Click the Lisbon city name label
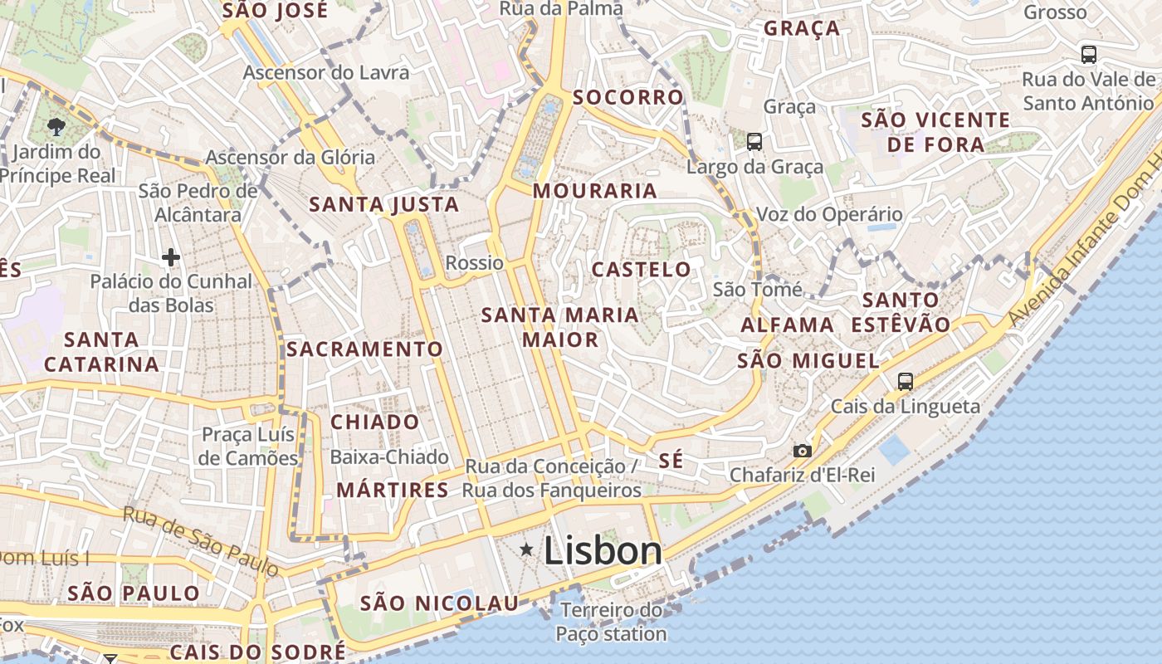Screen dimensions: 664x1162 (x=603, y=551)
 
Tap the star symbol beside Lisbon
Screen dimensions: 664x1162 (x=526, y=549)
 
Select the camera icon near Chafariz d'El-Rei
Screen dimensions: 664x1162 (x=802, y=451)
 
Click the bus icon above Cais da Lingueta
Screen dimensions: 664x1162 (x=905, y=382)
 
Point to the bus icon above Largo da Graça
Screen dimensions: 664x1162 (x=754, y=142)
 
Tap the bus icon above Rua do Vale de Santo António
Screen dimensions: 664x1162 (x=1088, y=55)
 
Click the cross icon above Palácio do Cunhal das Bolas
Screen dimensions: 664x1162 (x=171, y=257)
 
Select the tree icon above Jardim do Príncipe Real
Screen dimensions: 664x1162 (x=56, y=127)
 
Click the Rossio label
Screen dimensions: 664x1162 (x=475, y=263)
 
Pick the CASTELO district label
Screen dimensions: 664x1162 (x=641, y=269)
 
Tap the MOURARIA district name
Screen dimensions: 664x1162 (x=594, y=191)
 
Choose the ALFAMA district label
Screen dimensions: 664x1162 (x=787, y=325)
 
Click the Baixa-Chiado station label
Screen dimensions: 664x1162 (x=389, y=457)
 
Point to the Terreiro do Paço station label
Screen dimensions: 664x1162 (x=611, y=622)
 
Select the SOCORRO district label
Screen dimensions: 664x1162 (x=627, y=97)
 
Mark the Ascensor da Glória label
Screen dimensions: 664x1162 (x=290, y=157)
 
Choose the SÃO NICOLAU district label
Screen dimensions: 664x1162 (x=439, y=603)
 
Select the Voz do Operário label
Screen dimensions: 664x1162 (x=828, y=215)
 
